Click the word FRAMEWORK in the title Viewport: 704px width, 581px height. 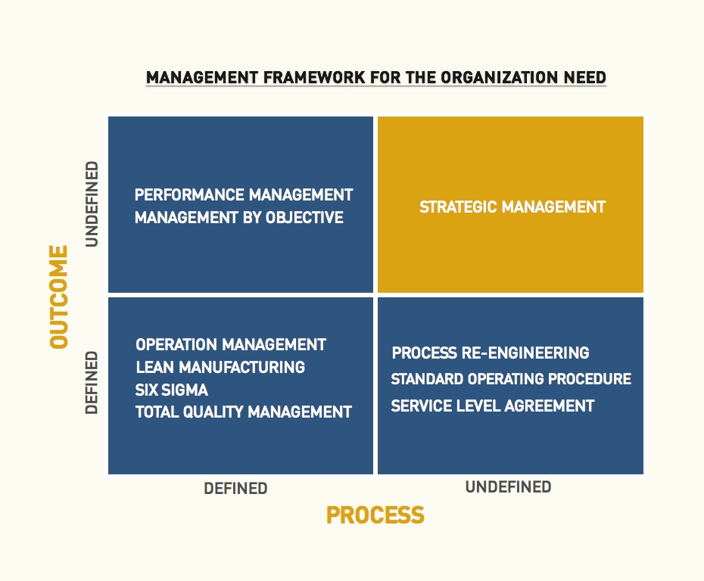(x=314, y=78)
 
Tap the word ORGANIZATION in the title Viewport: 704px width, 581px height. (x=500, y=78)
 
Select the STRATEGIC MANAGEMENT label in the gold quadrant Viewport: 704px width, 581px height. (x=512, y=207)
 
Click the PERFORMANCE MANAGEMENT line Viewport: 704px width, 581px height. (x=244, y=194)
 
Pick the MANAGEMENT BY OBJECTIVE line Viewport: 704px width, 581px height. (x=239, y=218)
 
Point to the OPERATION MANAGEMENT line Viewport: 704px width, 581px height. (x=231, y=344)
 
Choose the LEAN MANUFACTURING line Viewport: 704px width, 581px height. (x=220, y=367)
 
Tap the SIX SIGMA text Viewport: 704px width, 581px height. (x=172, y=390)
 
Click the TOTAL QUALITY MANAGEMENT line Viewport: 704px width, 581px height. (x=243, y=412)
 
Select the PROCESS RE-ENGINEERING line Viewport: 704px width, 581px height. (x=491, y=353)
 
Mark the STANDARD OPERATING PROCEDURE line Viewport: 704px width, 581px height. (x=511, y=379)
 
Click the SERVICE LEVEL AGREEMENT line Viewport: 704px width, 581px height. (x=493, y=406)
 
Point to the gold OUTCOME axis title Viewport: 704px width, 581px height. (x=59, y=297)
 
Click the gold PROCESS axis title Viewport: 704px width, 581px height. (x=375, y=515)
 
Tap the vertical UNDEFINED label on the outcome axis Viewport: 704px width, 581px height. (x=92, y=204)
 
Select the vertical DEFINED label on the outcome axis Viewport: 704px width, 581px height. (x=92, y=382)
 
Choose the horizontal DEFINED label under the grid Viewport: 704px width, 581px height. (x=235, y=488)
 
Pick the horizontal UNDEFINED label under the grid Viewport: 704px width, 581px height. (x=508, y=486)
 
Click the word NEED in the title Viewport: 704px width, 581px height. (x=585, y=78)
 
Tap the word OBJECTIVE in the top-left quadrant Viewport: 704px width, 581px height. (x=304, y=218)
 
